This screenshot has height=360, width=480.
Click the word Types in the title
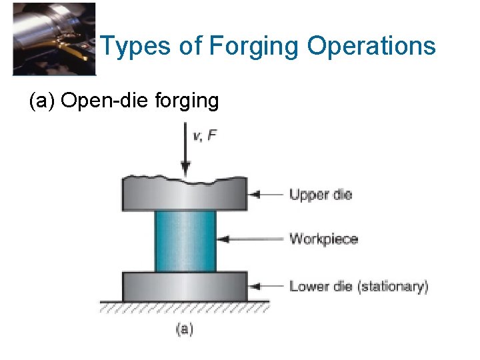click(130, 47)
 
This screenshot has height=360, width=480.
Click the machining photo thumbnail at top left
click(54, 39)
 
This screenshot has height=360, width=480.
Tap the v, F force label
click(205, 136)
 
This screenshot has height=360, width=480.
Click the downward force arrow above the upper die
click(185, 154)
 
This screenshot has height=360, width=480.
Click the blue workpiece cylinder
click(185, 241)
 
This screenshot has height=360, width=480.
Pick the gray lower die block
click(185, 286)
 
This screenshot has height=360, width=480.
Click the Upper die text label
click(320, 195)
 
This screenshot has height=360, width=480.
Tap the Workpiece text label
click(323, 239)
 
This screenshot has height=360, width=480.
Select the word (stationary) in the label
click(393, 287)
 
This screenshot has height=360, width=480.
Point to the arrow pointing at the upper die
click(266, 195)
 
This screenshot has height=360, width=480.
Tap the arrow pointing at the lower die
click(266, 287)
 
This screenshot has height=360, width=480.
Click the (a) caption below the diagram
click(185, 328)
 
